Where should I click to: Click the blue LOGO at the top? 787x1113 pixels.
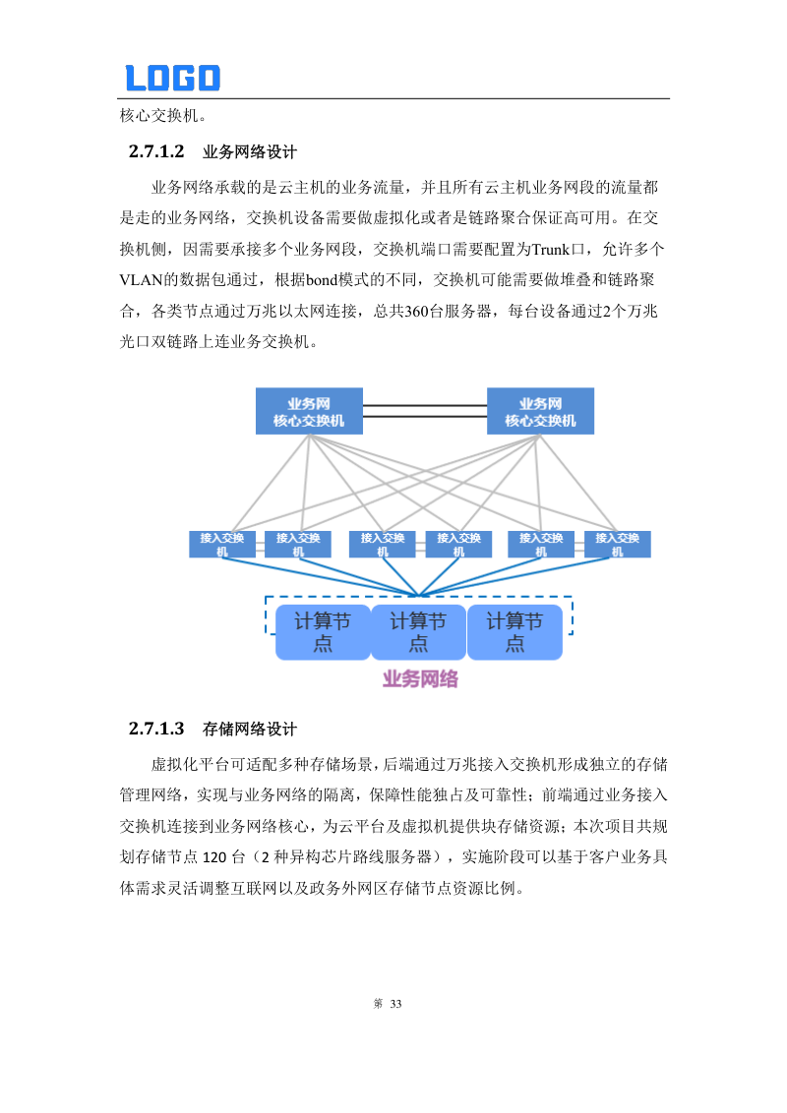172,78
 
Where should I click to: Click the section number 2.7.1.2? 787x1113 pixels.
156,152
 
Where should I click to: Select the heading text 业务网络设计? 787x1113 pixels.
249,152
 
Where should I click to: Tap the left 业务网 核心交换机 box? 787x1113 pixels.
309,411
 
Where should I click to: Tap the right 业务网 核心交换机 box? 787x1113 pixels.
540,411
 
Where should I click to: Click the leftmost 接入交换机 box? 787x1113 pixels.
222,544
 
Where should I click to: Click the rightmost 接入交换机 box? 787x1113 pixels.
618,544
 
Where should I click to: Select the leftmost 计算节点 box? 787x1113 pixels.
323,631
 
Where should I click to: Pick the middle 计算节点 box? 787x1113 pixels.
418,631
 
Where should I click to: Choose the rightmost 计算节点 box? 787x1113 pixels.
515,631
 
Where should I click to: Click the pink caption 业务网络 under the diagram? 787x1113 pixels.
420,678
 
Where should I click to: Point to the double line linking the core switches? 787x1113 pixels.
425,410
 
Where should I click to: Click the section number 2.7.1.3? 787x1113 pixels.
156,730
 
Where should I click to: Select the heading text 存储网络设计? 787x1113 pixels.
249,730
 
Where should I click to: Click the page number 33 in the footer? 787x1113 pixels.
396,1004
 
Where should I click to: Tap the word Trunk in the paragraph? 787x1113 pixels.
551,247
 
